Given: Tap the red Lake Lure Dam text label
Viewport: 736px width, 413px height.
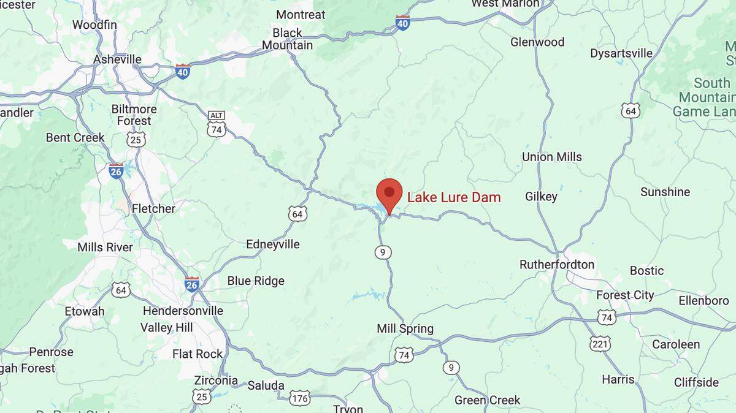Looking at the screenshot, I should tap(454, 197).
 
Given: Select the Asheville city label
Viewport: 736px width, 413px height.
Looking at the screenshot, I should tap(117, 59).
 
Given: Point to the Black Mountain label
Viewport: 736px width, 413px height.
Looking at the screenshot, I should tap(287, 39).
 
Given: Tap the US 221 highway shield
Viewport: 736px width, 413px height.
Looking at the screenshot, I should tap(600, 344).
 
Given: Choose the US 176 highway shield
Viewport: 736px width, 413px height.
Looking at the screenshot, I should tap(299, 398).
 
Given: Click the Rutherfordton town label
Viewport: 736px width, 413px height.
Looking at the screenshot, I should tap(557, 265).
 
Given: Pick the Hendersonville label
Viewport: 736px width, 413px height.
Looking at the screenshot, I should tap(183, 311).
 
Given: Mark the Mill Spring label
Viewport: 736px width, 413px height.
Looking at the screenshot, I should tap(405, 329).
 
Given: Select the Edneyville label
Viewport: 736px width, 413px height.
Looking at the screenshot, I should tap(273, 244).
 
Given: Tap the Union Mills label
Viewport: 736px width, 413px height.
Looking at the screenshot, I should tap(552, 157).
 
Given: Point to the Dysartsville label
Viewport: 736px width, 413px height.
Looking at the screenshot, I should tap(621, 53).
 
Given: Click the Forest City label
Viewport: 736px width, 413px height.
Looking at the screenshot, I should tap(625, 295).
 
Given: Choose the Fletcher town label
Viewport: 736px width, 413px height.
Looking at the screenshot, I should tap(153, 208).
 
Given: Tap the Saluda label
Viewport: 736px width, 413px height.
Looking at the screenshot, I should tap(266, 385).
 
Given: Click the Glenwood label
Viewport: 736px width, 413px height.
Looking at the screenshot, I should tap(537, 42).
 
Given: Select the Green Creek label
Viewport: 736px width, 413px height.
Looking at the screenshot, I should tap(487, 400).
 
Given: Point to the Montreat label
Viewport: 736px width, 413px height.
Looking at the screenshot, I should tap(301, 14).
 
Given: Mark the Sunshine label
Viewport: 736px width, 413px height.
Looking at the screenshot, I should tap(665, 192).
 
